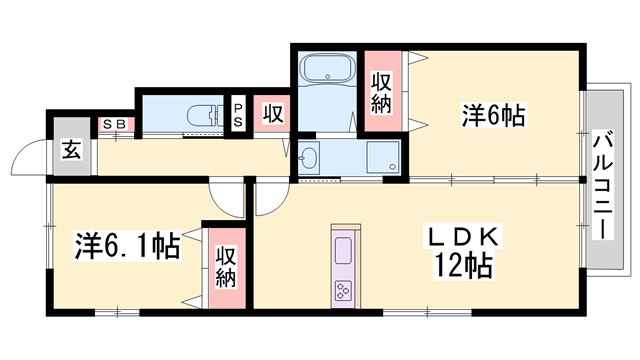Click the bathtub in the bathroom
coord(328,69)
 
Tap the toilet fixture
coord(205,116)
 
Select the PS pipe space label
coord(238,114)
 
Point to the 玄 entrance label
coord(71,149)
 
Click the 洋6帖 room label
coord(493,115)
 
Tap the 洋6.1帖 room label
coord(127,246)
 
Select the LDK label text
coord(462,236)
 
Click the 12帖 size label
coord(463,265)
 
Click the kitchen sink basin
coord(343,251)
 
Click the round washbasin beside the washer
coord(309,157)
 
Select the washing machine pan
coord(383,157)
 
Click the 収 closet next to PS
coord(272,114)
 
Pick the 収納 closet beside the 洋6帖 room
coord(382,91)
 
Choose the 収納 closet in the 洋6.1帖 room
coord(227,268)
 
